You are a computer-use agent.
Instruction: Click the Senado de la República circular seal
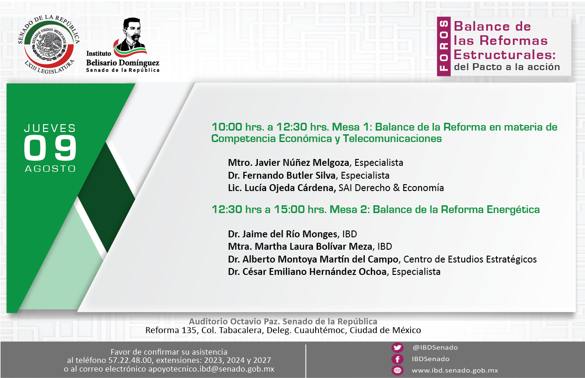point(49,44)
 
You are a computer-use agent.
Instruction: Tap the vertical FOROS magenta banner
point(444,46)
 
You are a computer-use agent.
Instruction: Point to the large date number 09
point(50,148)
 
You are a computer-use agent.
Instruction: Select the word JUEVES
point(50,128)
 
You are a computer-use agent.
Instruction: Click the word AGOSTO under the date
point(50,169)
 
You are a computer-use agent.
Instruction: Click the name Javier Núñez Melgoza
point(302,163)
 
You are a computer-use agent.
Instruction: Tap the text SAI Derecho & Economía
point(391,188)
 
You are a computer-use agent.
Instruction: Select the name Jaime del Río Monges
point(290,234)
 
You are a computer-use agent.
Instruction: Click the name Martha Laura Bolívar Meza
point(313,247)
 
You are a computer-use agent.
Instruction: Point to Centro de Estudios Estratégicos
point(470,259)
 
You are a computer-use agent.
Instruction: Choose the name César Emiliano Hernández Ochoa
point(314,272)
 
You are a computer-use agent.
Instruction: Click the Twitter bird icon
point(397,347)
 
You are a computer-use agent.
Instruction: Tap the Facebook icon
point(397,359)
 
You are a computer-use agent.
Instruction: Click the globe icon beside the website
point(397,370)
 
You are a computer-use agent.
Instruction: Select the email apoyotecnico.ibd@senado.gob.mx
point(211,369)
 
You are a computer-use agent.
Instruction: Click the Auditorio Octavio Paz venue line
point(283,321)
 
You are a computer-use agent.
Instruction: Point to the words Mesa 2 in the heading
point(350,209)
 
